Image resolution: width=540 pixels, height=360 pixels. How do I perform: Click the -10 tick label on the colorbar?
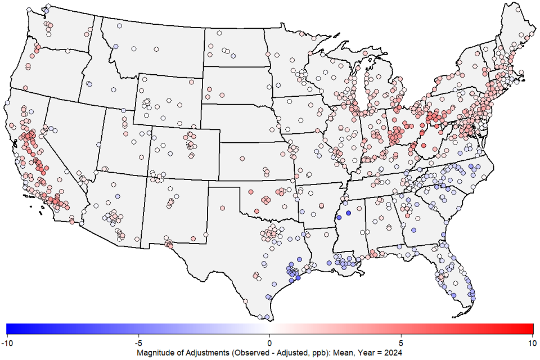7,342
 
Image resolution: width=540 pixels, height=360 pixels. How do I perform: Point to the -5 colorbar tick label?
138,342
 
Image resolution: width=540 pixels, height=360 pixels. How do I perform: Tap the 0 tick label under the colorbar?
269,342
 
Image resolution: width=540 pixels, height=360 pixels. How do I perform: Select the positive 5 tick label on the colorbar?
401,342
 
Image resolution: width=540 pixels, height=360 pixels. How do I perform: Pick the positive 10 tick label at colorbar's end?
532,342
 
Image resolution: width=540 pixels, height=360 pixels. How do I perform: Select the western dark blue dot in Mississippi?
339,218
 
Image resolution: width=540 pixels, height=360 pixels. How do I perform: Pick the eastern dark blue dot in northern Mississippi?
348,213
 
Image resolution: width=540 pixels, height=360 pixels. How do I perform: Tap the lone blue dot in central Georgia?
413,229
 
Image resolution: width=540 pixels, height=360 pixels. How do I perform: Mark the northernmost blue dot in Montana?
115,47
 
